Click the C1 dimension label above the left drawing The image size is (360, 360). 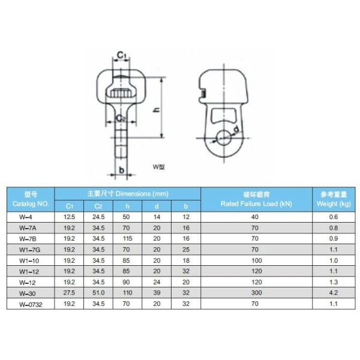pyautogui.click(x=122, y=55)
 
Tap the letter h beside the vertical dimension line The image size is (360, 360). pyautogui.click(x=157, y=110)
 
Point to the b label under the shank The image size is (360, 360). pyautogui.click(x=121, y=170)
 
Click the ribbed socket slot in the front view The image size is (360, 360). pyautogui.click(x=120, y=93)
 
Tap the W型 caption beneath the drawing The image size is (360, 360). pyautogui.click(x=158, y=167)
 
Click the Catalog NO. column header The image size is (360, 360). pyautogui.click(x=31, y=204)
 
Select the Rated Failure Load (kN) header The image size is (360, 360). pyautogui.click(x=256, y=203)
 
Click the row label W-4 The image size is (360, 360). pyautogui.click(x=26, y=217)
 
